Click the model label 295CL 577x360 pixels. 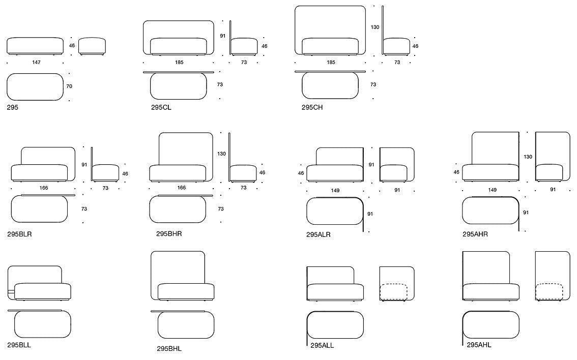point(161,108)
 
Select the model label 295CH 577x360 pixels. point(312,108)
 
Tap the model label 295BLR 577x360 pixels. point(19,234)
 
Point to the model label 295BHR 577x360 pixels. point(169,234)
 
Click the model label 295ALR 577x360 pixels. point(319,234)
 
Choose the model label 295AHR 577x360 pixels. point(475,234)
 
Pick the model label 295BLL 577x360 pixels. point(19,345)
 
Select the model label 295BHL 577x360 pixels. point(169,349)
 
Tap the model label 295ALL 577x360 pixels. point(322,346)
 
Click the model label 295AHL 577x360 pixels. point(479,345)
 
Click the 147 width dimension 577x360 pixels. point(36,63)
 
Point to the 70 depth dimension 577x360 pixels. point(69,86)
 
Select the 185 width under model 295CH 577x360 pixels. point(331,63)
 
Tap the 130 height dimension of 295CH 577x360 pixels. point(375,27)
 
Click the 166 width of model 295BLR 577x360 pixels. point(43,188)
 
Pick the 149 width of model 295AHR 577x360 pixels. point(493,190)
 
